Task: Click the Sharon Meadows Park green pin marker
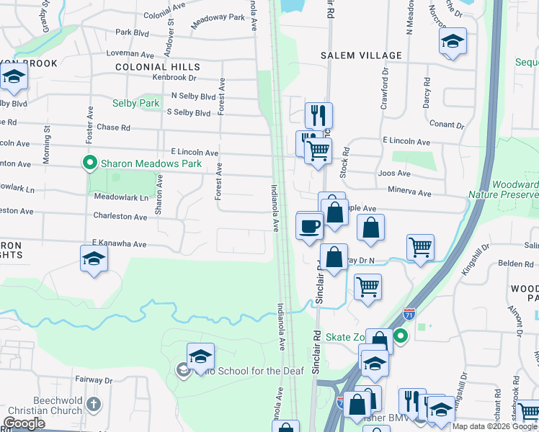point(90,163)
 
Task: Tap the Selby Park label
point(135,104)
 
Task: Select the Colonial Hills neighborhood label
point(158,66)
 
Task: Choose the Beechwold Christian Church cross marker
point(93,404)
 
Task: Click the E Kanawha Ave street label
point(119,244)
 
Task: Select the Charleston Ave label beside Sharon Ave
point(120,216)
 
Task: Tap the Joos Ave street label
point(393,174)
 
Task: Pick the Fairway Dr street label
point(94,379)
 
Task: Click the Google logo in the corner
point(24,424)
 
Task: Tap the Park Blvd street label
point(132,32)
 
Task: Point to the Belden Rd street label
point(519,264)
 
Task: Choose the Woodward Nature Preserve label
point(504,189)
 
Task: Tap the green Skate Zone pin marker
point(401,336)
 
